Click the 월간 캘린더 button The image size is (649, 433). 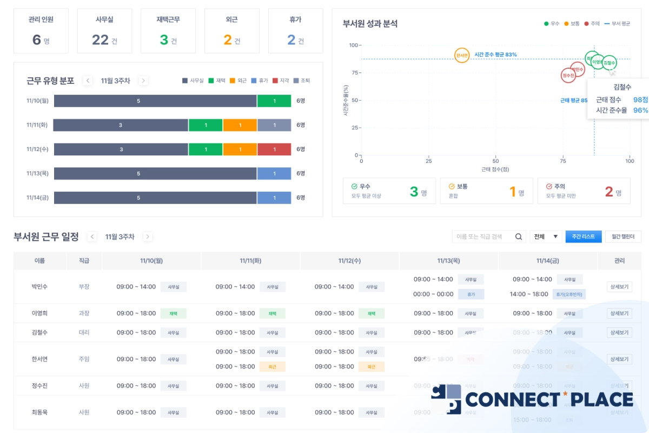623,237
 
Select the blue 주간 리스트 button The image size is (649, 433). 583,237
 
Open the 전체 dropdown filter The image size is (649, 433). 546,237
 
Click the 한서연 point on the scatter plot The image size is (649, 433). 461,55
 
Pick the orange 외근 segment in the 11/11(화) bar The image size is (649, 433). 240,125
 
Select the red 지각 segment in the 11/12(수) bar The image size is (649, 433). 274,149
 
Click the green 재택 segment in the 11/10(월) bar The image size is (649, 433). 274,101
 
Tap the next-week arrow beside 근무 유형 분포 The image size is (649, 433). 143,81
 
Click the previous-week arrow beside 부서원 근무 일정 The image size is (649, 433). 92,237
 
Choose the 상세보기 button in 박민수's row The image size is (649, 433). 619,287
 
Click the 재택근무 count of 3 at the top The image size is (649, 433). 164,40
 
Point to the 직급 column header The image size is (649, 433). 84,261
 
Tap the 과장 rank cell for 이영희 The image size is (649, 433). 84,313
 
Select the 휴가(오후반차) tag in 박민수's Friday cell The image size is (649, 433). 569,294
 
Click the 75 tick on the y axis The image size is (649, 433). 354,73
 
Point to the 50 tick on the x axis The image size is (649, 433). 495,161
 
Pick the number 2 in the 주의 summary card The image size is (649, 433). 609,192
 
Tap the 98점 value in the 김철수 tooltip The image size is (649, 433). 640,100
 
